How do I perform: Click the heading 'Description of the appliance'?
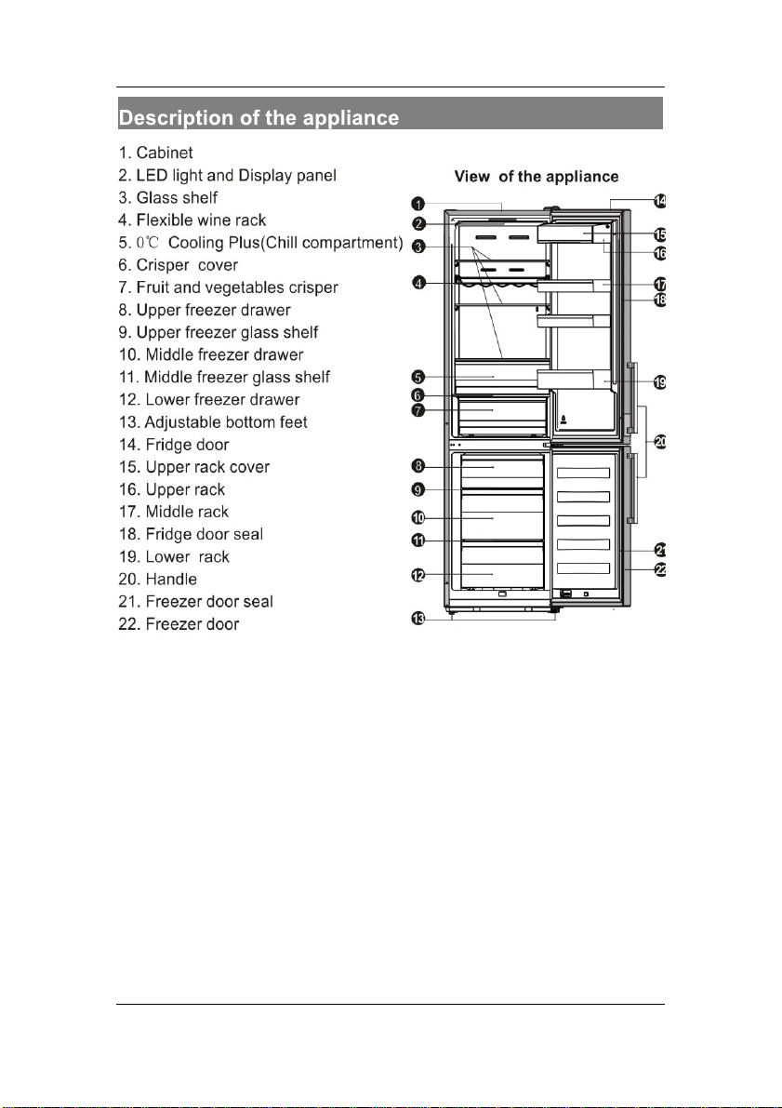coord(258,117)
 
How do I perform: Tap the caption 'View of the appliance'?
coord(537,177)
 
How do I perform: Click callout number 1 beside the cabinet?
coord(418,205)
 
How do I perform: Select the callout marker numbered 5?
coord(418,377)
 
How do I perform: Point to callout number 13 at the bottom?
coord(418,619)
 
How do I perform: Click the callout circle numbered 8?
coord(418,466)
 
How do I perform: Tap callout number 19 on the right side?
coord(659,383)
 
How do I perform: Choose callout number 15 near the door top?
coord(659,234)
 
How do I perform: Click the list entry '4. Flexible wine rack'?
coord(192,220)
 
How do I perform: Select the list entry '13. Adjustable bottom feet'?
coord(213,421)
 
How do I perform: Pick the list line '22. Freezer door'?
coord(179,624)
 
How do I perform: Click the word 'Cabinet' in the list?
coord(165,153)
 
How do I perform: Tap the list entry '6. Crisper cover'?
coord(178,265)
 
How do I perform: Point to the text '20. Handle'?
coord(157,579)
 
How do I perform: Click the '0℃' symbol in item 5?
coord(148,243)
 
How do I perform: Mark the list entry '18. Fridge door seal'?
coord(191,534)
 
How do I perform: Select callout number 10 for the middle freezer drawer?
coord(418,518)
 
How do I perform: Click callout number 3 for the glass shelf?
coord(418,247)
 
